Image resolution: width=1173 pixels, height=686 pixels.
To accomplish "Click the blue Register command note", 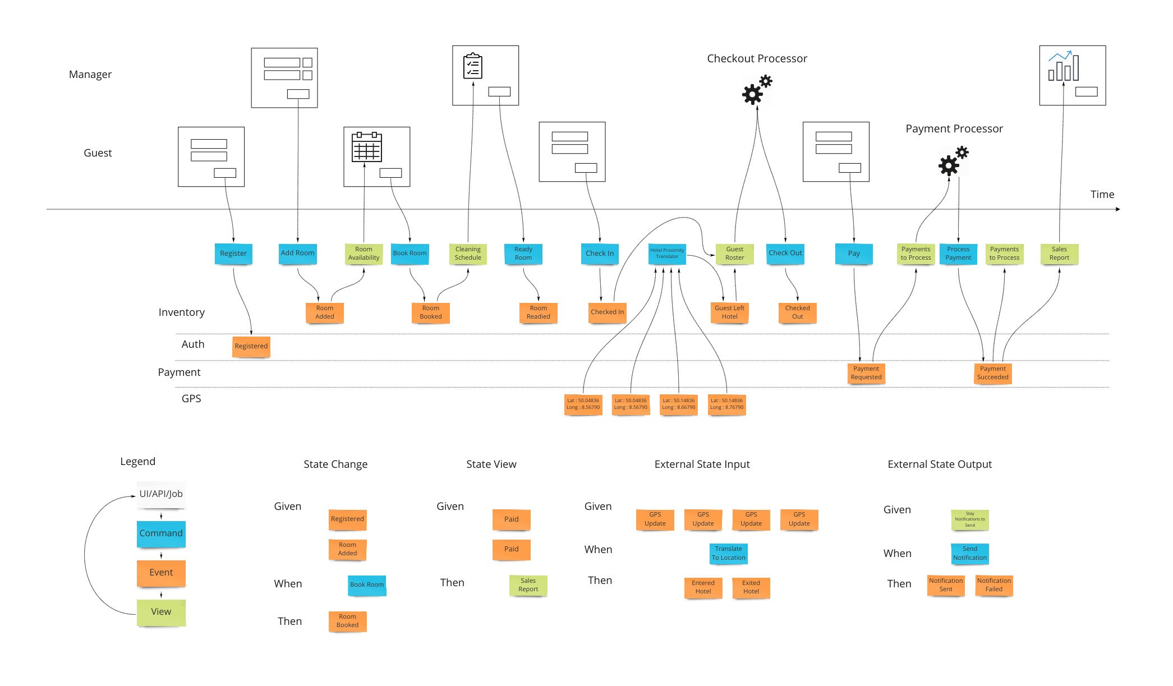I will (233, 254).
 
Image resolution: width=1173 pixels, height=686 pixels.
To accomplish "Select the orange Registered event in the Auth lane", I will (251, 346).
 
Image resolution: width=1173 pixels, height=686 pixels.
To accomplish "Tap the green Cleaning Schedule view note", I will (468, 254).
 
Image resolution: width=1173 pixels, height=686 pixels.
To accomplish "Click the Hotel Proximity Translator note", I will (667, 254).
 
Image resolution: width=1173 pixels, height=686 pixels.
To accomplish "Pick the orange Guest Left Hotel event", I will (729, 312).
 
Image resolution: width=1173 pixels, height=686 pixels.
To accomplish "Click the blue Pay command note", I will (853, 254).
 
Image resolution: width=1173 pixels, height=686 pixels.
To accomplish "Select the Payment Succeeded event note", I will (992, 373).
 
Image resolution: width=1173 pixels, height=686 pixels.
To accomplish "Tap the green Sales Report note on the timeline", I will (1059, 254).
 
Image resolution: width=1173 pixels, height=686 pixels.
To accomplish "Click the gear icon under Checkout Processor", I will (756, 90).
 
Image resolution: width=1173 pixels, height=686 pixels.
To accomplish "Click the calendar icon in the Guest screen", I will (366, 147).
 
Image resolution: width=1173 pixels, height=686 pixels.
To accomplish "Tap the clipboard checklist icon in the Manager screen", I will (473, 66).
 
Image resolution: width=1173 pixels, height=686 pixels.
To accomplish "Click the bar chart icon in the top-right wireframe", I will (1063, 67).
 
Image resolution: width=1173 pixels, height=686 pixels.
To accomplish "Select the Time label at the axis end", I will (1102, 195).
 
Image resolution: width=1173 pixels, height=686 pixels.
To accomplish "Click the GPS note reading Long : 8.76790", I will (726, 404).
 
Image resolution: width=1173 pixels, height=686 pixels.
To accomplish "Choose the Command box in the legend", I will (161, 533).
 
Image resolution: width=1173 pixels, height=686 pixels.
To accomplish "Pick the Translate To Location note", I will (728, 554).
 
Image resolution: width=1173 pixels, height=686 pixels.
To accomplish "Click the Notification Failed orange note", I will (993, 585).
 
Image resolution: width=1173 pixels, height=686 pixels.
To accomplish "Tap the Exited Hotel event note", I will (751, 587).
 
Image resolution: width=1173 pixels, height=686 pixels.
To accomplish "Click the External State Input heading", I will (702, 464).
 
